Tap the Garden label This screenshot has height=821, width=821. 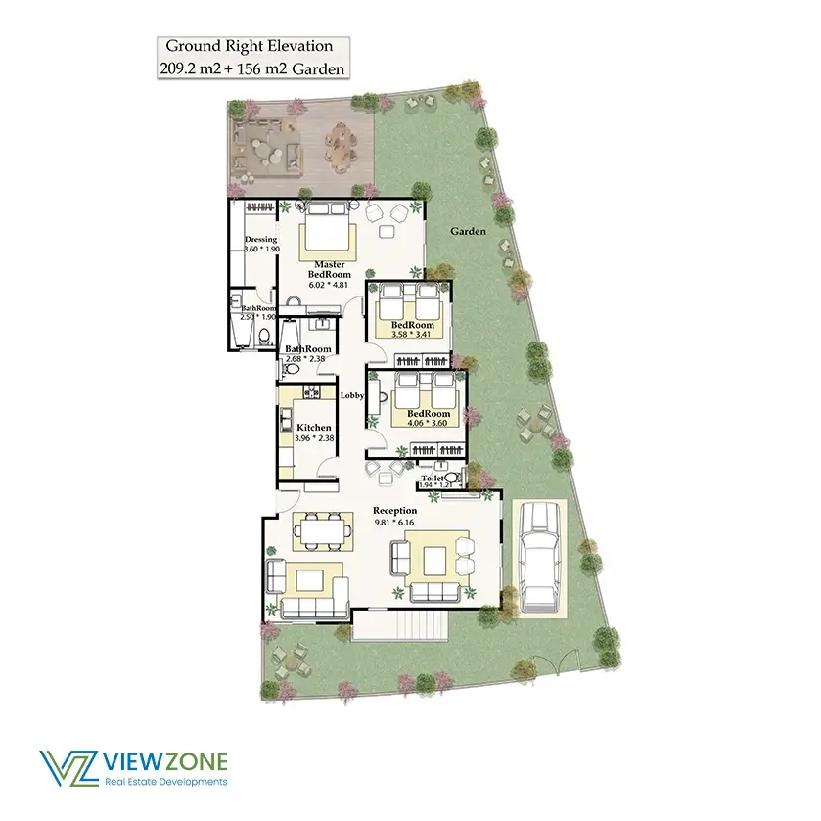(468, 231)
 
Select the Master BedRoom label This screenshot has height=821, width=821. (330, 269)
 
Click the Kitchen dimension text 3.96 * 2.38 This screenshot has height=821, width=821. (314, 438)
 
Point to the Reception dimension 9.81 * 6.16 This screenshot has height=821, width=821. (394, 522)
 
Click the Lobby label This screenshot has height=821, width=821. (352, 395)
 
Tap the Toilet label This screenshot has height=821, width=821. (433, 479)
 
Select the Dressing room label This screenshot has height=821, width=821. (260, 240)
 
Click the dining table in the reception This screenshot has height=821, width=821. (323, 532)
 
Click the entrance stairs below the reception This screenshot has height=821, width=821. (400, 624)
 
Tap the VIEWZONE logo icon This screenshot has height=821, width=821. (68, 768)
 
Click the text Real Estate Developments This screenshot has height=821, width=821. (166, 782)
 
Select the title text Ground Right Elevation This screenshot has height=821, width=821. (250, 46)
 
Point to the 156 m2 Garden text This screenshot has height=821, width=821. (292, 69)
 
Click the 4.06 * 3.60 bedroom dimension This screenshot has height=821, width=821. (428, 423)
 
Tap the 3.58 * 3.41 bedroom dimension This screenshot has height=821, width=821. (411, 334)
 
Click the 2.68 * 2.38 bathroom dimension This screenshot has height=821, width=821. (305, 359)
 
